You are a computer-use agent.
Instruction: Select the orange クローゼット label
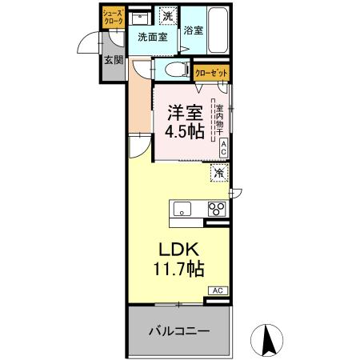pyautogui.click(x=212, y=73)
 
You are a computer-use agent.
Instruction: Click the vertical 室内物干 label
pyautogui.click(x=217, y=119)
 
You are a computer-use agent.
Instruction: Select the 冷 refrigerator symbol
pyautogui.click(x=218, y=172)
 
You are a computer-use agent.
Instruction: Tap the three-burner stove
pyautogui.click(x=216, y=210)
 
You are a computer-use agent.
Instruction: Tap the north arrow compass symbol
pyautogui.click(x=270, y=339)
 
